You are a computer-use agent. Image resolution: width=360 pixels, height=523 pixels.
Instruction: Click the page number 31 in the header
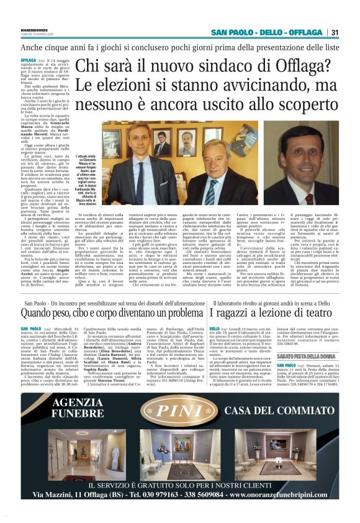click(x=335, y=33)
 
